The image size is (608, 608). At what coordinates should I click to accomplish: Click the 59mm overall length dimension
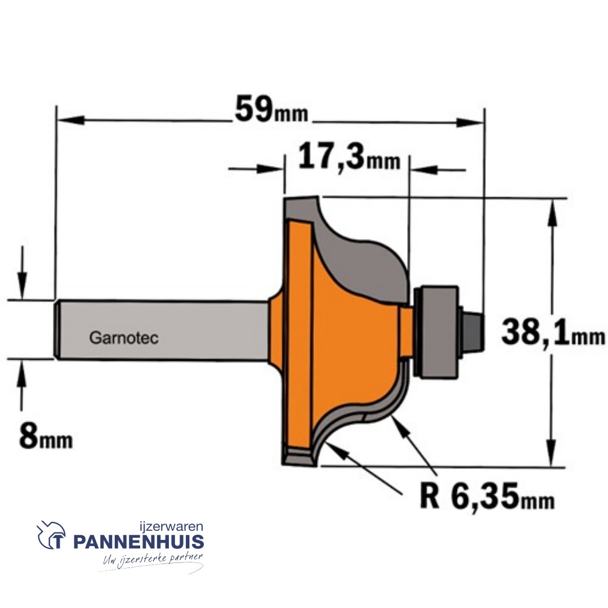pyautogui.click(x=271, y=110)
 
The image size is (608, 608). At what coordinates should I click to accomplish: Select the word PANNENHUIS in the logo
pyautogui.click(x=138, y=542)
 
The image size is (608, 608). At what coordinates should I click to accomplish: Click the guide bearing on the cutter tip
pyautogui.click(x=436, y=332)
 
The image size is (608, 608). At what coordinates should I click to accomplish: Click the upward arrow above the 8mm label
pyautogui.click(x=22, y=374)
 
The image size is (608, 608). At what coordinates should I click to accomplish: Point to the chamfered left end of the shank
pyautogui.click(x=58, y=330)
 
